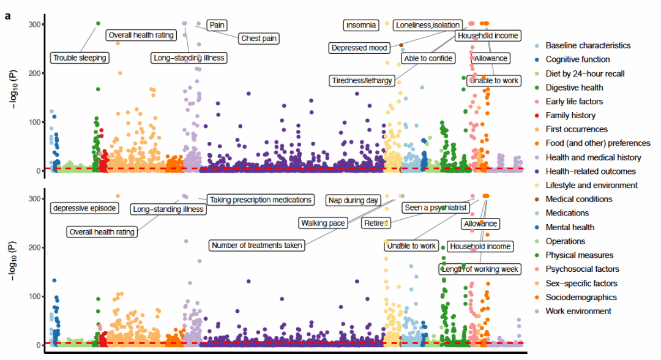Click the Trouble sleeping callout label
[x=80, y=58]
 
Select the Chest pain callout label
[x=259, y=39]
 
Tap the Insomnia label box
[x=361, y=25]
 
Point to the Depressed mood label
[x=359, y=48]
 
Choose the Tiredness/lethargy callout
[x=361, y=81]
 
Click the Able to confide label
[x=428, y=58]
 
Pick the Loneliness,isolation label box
[x=427, y=25]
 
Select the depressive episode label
[x=84, y=208]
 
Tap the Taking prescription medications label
[x=261, y=200]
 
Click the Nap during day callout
[x=354, y=199]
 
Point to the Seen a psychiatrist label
[x=436, y=208]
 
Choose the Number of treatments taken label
[x=257, y=246]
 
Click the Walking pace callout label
[x=323, y=222]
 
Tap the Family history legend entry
[x=570, y=115]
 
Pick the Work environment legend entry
[x=578, y=311]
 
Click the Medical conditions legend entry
[x=579, y=199]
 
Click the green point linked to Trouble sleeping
[x=98, y=23]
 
